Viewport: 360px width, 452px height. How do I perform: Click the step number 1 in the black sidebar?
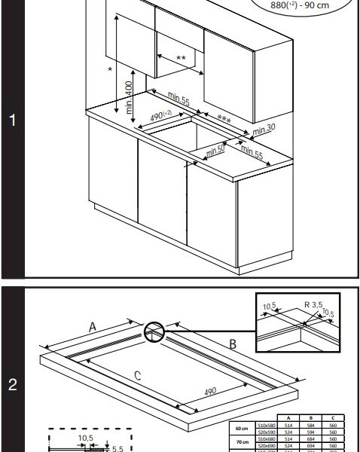point(12,121)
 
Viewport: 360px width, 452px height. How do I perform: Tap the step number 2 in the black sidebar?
point(12,385)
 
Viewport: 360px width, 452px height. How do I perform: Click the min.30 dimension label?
point(264,129)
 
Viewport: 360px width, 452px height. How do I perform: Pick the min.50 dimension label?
point(215,149)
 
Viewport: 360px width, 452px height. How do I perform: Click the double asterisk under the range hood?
point(180,58)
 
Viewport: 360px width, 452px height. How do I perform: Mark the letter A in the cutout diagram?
point(92,326)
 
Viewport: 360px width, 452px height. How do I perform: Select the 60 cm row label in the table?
point(243,429)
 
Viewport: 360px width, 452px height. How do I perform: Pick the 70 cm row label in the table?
point(243,442)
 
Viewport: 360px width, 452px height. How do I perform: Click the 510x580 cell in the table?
point(266,426)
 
